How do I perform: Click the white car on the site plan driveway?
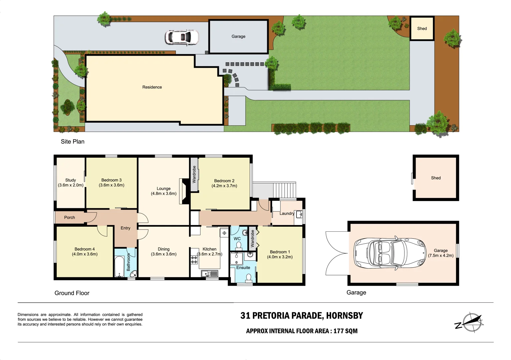182,37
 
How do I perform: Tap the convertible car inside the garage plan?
390,254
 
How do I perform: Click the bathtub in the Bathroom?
119,266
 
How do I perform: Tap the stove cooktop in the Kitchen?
194,260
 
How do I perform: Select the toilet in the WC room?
238,245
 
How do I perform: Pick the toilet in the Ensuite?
248,277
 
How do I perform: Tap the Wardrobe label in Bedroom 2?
194,175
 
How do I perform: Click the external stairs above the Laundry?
285,190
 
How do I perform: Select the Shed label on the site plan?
422,29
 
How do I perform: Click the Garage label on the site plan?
238,36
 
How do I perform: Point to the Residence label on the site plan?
152,87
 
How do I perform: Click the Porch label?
69,218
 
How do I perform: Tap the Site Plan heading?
72,142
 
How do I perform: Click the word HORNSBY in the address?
344,316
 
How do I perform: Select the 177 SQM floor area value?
345,331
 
